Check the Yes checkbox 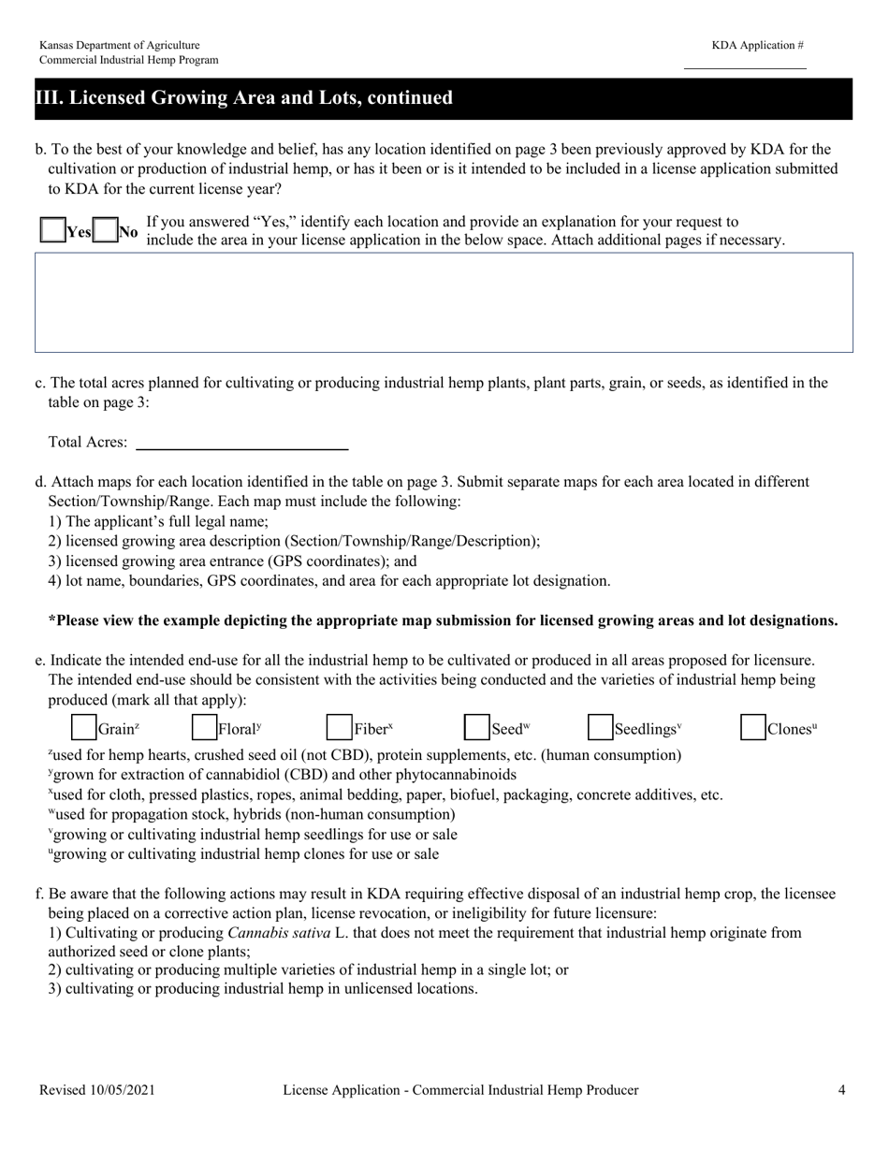[x=52, y=231]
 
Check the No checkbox [x=106, y=231]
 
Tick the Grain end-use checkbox [x=84, y=728]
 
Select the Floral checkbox [x=204, y=728]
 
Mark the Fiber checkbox [x=339, y=728]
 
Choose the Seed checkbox [x=477, y=728]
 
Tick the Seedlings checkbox [x=601, y=728]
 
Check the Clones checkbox [x=753, y=728]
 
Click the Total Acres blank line [x=242, y=444]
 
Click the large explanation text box [x=444, y=302]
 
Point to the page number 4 [x=842, y=1090]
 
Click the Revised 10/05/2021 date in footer [x=97, y=1090]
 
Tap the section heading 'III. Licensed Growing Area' [x=244, y=98]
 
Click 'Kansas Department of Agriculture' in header [x=119, y=45]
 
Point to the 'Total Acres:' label [x=88, y=443]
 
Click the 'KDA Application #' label [x=757, y=45]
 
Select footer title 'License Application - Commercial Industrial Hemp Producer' [x=460, y=1090]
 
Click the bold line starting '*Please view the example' [x=443, y=620]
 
